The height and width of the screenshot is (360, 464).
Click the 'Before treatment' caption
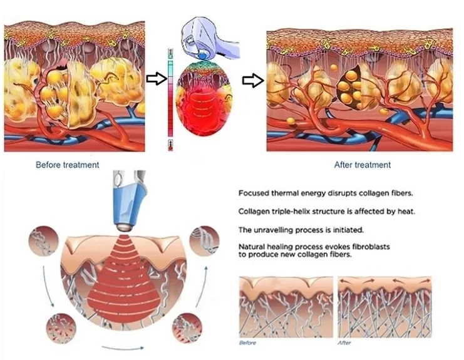tap(68, 165)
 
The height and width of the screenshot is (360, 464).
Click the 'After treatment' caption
tap(363, 165)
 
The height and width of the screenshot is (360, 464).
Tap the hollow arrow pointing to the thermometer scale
tap(157, 79)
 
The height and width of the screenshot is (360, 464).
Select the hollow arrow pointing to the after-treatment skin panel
tap(253, 81)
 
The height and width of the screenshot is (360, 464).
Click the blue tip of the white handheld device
tap(203, 55)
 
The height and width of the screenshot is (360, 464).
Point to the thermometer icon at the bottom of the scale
tap(170, 145)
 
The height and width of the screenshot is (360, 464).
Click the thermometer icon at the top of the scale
tap(170, 54)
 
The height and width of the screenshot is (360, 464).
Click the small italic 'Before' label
tap(247, 343)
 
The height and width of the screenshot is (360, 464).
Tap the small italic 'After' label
tap(344, 343)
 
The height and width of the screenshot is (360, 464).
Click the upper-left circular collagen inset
tap(43, 242)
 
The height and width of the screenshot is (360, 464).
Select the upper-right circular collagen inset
tap(204, 241)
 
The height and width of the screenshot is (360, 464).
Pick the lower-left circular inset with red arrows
tap(61, 328)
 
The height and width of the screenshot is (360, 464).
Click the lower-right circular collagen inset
tap(187, 328)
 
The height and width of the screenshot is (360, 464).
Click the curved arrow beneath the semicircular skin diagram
tap(123, 347)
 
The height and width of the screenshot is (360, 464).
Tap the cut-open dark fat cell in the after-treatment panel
tap(349, 87)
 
